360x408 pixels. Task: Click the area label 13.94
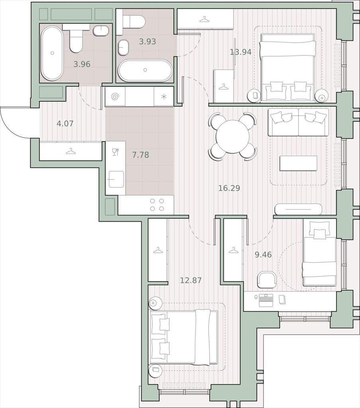click(x=240, y=52)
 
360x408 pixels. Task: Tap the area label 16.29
click(x=229, y=188)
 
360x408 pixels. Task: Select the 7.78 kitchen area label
click(x=141, y=155)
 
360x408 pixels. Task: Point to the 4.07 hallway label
click(x=65, y=124)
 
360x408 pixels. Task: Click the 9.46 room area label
click(x=263, y=255)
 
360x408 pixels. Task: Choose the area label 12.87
click(x=191, y=280)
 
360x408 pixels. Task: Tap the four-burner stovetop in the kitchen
click(x=157, y=204)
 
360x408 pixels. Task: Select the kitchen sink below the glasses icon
click(x=116, y=179)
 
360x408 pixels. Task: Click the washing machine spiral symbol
click(x=115, y=97)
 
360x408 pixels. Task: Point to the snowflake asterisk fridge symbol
click(x=164, y=97)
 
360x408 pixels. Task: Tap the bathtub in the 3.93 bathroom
click(x=145, y=71)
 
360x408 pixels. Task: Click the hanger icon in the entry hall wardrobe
click(x=70, y=151)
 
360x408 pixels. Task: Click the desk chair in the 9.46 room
click(x=266, y=280)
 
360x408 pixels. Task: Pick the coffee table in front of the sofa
click(x=298, y=163)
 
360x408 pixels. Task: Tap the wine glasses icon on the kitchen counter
click(x=116, y=152)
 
